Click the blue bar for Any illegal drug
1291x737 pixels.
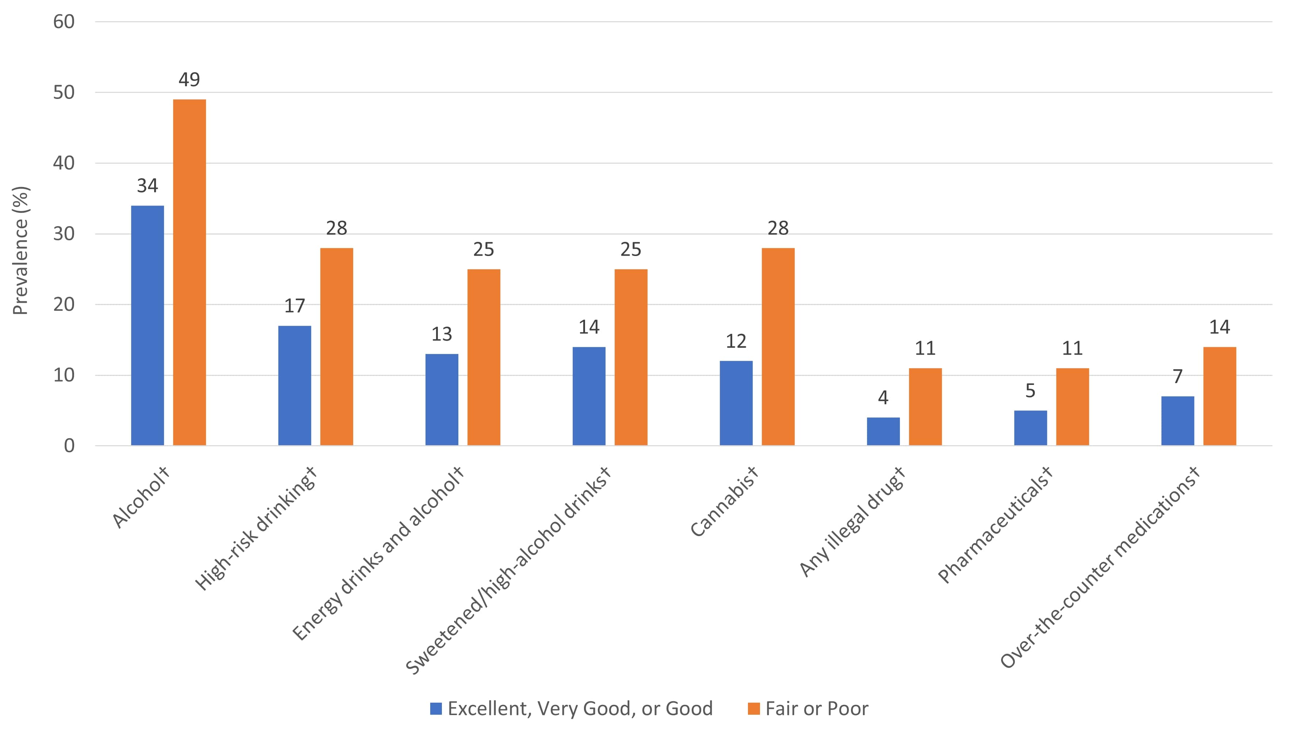click(883, 431)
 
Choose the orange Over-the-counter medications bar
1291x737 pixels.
click(1220, 396)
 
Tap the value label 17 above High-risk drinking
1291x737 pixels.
click(294, 306)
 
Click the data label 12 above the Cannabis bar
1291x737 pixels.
click(736, 341)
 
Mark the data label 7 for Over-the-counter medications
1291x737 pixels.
click(1178, 376)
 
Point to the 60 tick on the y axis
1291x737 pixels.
click(64, 22)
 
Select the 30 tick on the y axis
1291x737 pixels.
click(64, 234)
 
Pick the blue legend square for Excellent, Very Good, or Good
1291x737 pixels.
click(436, 709)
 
